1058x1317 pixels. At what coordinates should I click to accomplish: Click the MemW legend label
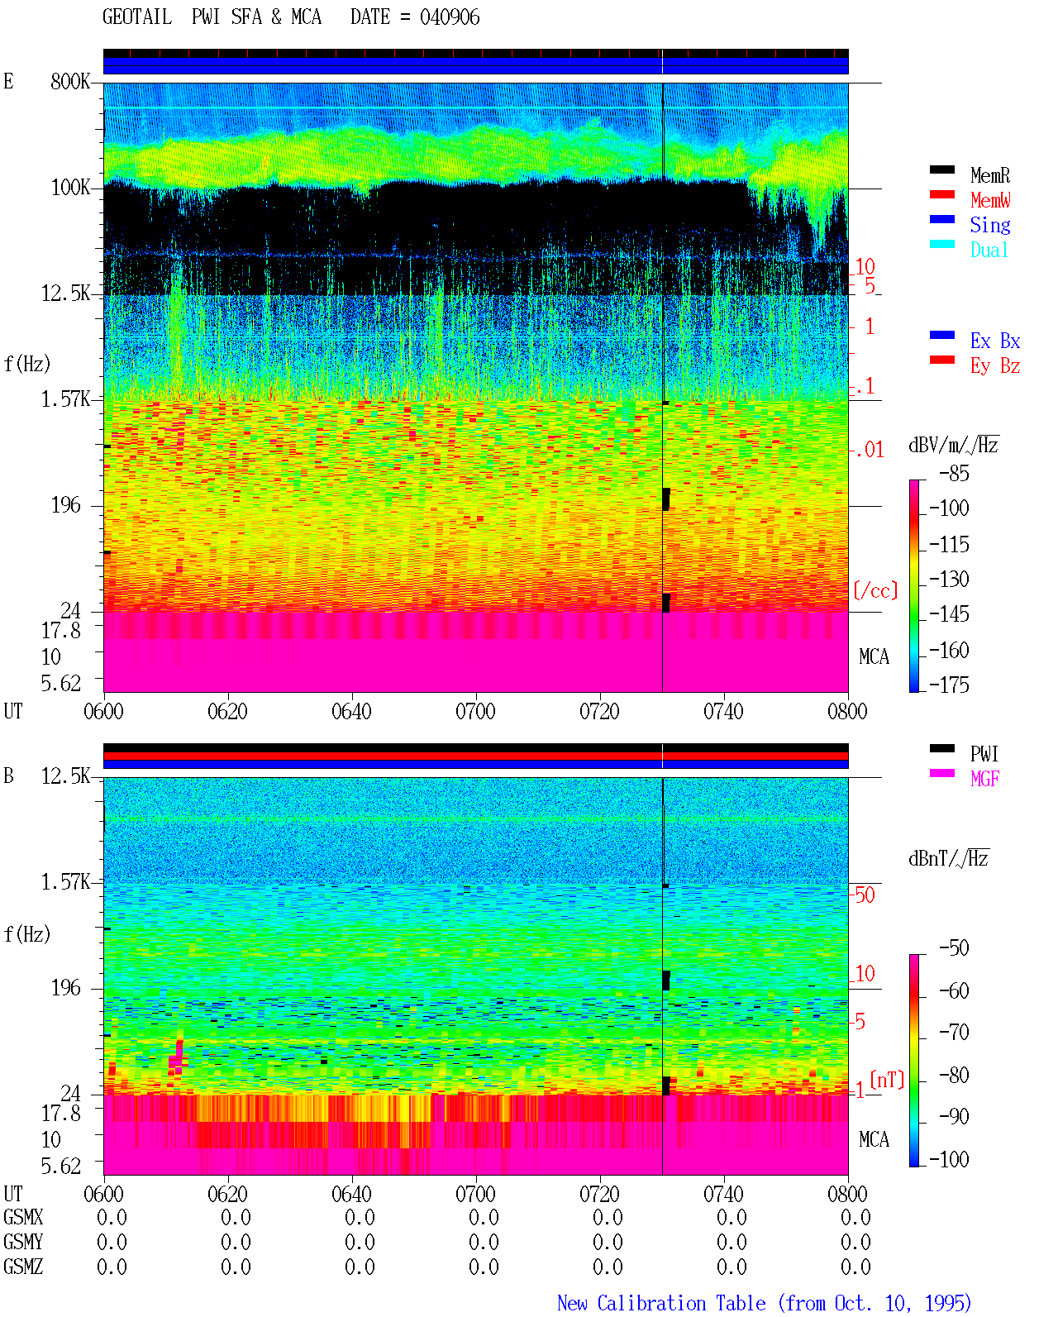point(990,200)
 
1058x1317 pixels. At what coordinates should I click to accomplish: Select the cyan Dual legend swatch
point(941,244)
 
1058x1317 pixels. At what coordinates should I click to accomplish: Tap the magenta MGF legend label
point(984,779)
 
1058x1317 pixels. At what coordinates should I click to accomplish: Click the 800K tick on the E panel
point(70,81)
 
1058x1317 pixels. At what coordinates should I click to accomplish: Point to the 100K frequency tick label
point(70,188)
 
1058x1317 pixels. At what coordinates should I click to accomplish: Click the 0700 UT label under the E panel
point(475,712)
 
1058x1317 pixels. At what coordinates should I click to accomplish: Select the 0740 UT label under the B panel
point(723,1194)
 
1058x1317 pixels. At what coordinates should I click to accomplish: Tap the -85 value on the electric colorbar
point(954,474)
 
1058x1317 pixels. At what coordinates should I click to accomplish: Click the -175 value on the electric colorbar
point(949,685)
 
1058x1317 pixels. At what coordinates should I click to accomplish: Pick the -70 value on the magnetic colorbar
point(954,1033)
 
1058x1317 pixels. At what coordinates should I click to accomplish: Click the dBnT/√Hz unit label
point(948,858)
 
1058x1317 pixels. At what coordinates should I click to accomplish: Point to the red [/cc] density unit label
point(875,590)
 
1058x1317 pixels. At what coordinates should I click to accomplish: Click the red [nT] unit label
point(887,1080)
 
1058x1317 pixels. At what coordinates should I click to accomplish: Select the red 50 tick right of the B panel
point(865,895)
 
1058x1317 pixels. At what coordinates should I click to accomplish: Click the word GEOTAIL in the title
point(137,17)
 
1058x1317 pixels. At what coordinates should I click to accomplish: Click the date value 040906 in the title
point(450,17)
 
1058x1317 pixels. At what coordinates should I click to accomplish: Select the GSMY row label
point(23,1242)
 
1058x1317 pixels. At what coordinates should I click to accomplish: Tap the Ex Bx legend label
point(995,341)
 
